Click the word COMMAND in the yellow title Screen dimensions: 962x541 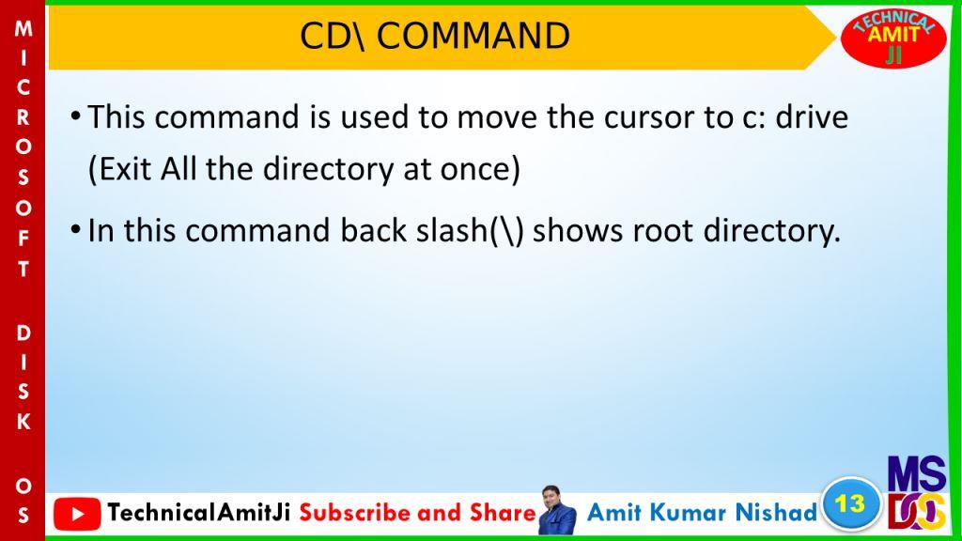473,36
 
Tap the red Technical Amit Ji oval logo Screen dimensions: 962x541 893,38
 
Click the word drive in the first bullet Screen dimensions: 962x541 812,116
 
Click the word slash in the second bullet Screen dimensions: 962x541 451,231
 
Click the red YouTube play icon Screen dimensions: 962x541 77,514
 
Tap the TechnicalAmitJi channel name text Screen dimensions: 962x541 199,512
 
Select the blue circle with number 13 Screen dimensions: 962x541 850,504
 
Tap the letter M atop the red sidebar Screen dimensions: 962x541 23,29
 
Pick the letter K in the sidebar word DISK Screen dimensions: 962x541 23,422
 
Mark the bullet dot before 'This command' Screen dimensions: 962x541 75,116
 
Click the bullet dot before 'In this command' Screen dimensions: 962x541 75,229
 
